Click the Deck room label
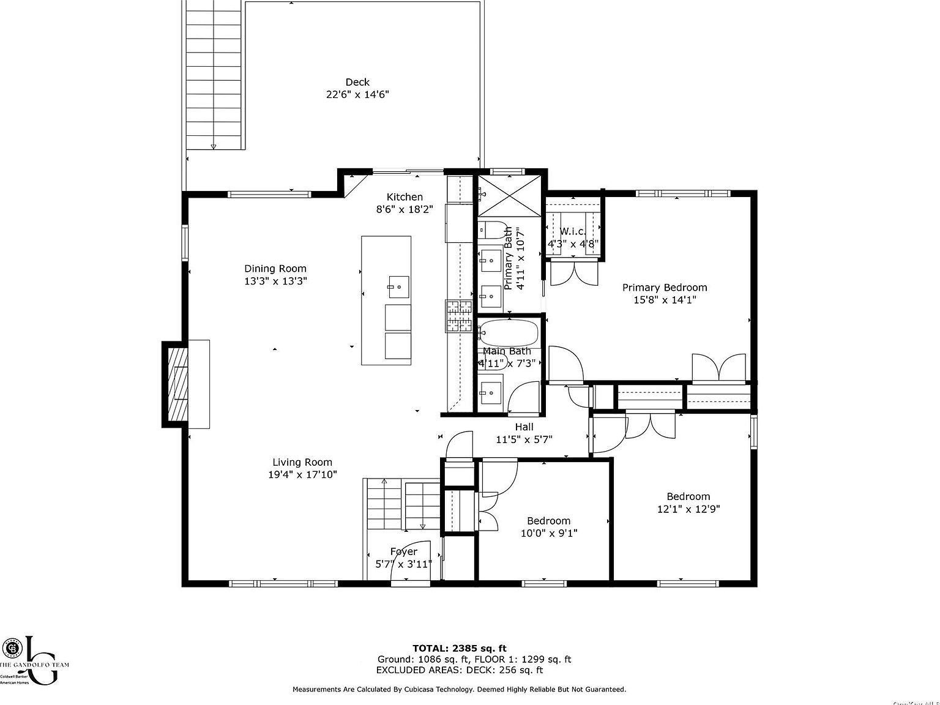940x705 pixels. pyautogui.click(x=357, y=82)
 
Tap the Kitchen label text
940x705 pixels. pyautogui.click(x=405, y=197)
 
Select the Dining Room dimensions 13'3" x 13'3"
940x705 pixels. pyautogui.click(x=275, y=282)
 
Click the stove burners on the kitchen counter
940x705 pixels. pyautogui.click(x=459, y=316)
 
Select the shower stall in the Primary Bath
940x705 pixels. pyautogui.click(x=509, y=195)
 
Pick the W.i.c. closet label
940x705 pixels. pyautogui.click(x=573, y=231)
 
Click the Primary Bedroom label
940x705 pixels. pyautogui.click(x=665, y=288)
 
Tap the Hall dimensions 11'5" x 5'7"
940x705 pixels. pyautogui.click(x=524, y=439)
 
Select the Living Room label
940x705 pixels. pyautogui.click(x=302, y=463)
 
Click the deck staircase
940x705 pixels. pyautogui.click(x=213, y=76)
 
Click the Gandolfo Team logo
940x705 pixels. pyautogui.click(x=34, y=661)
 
